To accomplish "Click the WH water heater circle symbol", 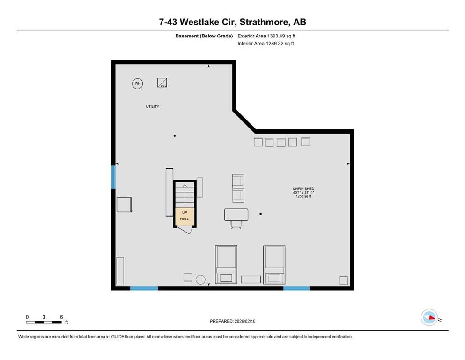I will [x=137, y=84].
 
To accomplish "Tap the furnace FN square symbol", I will [x=162, y=83].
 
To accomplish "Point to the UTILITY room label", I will [x=152, y=107].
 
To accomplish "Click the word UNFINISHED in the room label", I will [x=303, y=188].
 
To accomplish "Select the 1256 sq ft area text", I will [x=303, y=196].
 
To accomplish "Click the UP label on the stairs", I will [x=184, y=212].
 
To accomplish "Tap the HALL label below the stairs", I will [x=184, y=219].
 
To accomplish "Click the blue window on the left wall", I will [x=113, y=177].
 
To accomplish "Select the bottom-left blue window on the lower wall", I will [x=144, y=288].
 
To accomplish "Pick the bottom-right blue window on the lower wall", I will [x=296, y=288].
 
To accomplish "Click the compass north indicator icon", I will [x=429, y=318].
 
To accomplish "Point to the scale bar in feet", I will [x=44, y=322].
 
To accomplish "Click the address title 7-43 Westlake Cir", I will [x=232, y=22].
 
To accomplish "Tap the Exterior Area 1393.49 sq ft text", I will [x=266, y=36].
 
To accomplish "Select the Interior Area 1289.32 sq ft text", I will [x=266, y=44].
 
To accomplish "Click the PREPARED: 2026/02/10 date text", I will [x=233, y=321].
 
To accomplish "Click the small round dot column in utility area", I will [x=175, y=136].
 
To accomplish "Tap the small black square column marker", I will [x=260, y=214].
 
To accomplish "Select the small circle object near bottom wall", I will [x=200, y=279].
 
